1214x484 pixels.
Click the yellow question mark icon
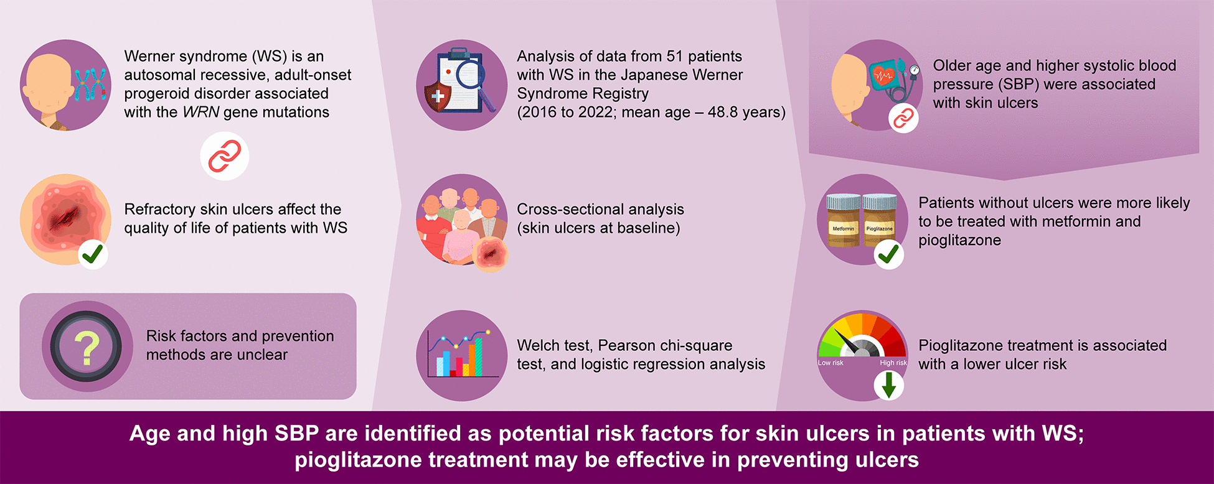[87, 348]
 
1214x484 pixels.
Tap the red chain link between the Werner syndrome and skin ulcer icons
[225, 156]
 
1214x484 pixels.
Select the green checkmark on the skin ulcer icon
[93, 254]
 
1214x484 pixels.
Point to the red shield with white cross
[438, 97]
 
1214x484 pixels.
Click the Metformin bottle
[843, 220]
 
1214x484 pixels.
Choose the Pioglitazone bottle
[880, 220]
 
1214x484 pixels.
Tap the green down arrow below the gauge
[889, 385]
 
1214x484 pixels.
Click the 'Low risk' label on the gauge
[831, 363]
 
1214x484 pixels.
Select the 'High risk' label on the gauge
[893, 363]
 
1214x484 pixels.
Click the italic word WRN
[200, 112]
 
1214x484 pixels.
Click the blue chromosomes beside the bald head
[91, 85]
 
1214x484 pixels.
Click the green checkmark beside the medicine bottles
[889, 254]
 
